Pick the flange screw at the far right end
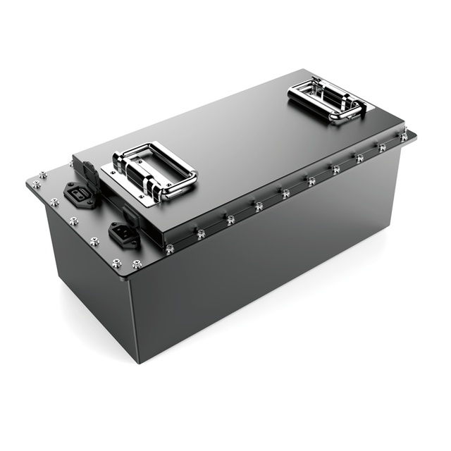(404, 137)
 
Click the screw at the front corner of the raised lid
(169, 248)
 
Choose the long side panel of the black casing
(268, 275)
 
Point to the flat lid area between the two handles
(233, 141)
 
